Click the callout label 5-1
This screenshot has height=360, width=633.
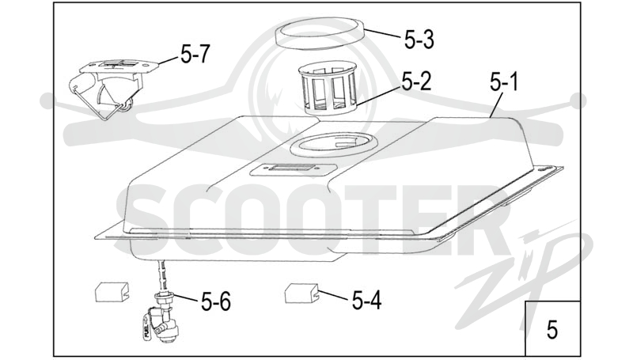point(504,81)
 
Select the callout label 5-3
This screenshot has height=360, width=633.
point(419,40)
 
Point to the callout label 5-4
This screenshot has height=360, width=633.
point(366,301)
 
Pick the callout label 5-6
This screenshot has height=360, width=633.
point(216,301)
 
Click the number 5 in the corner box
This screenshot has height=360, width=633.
point(552,329)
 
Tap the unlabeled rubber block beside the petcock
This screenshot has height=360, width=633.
point(112,292)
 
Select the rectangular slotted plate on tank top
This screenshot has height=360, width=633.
point(294,169)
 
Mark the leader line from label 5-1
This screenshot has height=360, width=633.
point(496,104)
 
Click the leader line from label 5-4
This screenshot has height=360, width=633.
point(333,296)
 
